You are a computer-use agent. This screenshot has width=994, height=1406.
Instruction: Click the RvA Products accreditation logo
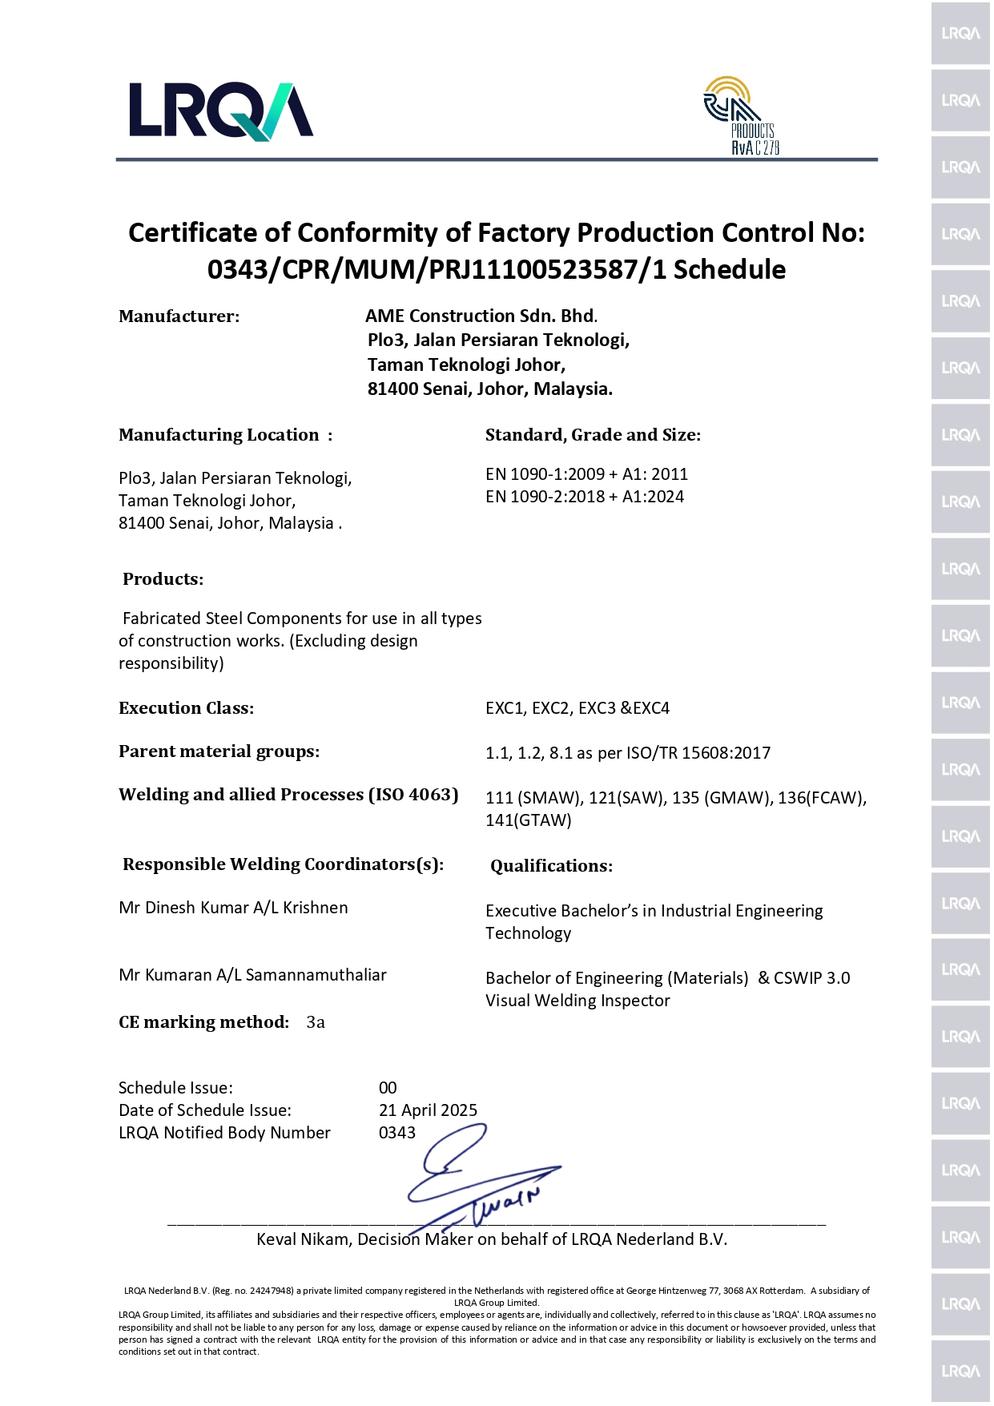pos(742,115)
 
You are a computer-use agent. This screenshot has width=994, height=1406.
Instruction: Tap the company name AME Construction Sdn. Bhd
pos(480,316)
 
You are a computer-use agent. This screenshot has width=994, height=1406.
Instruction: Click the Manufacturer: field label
pos(179,316)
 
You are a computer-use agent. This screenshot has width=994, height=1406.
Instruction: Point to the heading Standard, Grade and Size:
pos(593,435)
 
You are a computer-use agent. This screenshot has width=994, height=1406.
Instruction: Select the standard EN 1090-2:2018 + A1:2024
pos(585,497)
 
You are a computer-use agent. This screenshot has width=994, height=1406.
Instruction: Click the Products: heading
pos(163,579)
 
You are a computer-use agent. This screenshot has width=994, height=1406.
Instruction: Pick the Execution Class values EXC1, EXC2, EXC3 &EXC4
pos(577,708)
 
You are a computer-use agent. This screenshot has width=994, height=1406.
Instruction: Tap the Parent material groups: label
pos(219,751)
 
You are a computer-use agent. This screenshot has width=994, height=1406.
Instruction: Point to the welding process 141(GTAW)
pos(529,820)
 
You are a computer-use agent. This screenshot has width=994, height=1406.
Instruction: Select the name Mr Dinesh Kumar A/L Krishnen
pos(233,908)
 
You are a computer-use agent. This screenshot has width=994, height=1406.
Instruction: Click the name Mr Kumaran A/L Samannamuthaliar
pos(252,975)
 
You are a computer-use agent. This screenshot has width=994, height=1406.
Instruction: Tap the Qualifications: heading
pos(551,866)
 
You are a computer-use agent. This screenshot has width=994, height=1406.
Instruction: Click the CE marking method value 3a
pos(316,1022)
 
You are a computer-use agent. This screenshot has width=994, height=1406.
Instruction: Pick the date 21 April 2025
pos(428,1110)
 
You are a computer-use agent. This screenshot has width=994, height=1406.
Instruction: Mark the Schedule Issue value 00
pos(388,1088)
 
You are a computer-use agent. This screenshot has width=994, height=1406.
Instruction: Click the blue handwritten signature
pos(481,1178)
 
